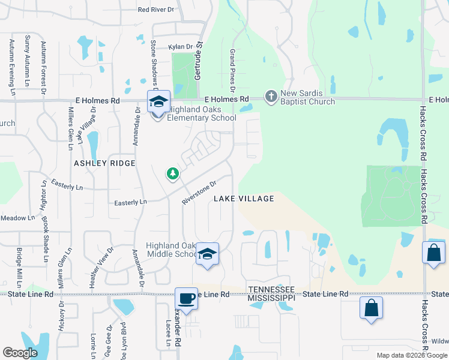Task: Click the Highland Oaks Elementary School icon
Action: point(158,102)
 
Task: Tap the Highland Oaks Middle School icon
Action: point(207,254)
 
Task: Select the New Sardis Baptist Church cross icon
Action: point(271,96)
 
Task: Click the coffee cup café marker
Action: point(186,298)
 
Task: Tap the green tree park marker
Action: point(173,174)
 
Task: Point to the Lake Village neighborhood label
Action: point(244,199)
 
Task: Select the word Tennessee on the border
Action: point(272,289)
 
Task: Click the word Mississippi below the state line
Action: point(272,298)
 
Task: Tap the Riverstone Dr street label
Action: point(199,193)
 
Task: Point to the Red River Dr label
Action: point(155,10)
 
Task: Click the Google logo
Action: point(20,353)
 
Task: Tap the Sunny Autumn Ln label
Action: point(27,58)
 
